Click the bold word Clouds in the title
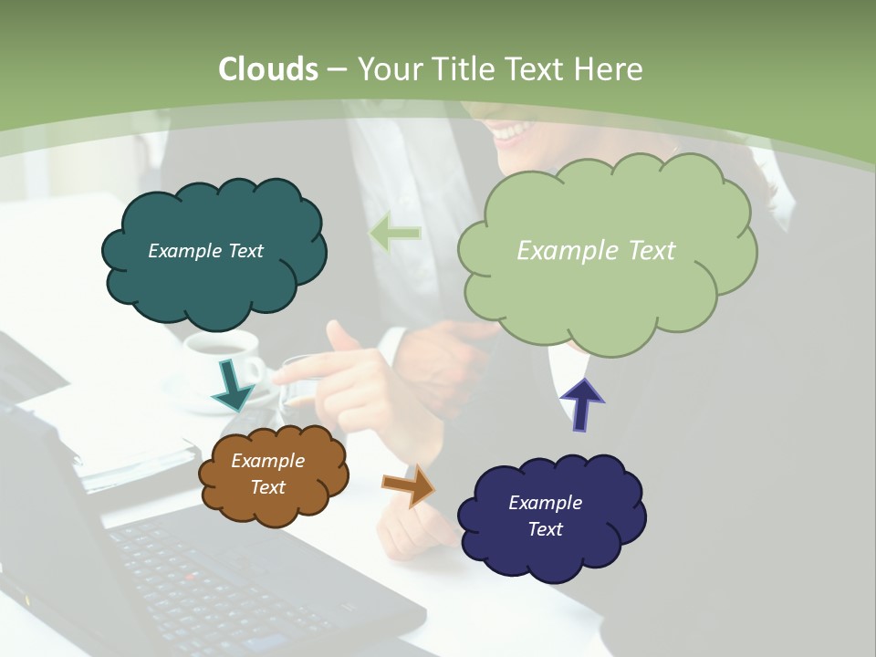click(268, 69)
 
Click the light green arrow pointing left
click(395, 234)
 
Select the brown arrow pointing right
click(409, 485)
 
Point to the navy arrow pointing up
click(581, 403)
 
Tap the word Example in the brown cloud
click(267, 461)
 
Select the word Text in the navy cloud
click(545, 529)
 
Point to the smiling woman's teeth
click(512, 133)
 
